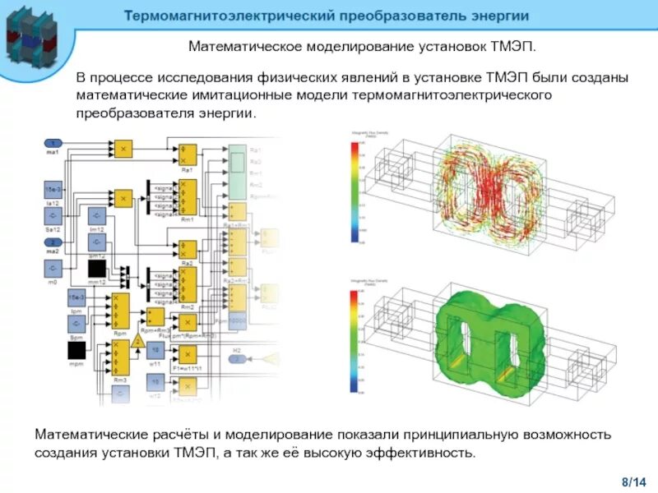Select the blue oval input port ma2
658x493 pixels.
[x=53, y=243]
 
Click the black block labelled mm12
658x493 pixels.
[x=98, y=268]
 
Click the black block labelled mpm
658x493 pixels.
[x=77, y=351]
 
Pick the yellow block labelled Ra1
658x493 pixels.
[x=188, y=154]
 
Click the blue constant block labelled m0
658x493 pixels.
[x=53, y=269]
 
